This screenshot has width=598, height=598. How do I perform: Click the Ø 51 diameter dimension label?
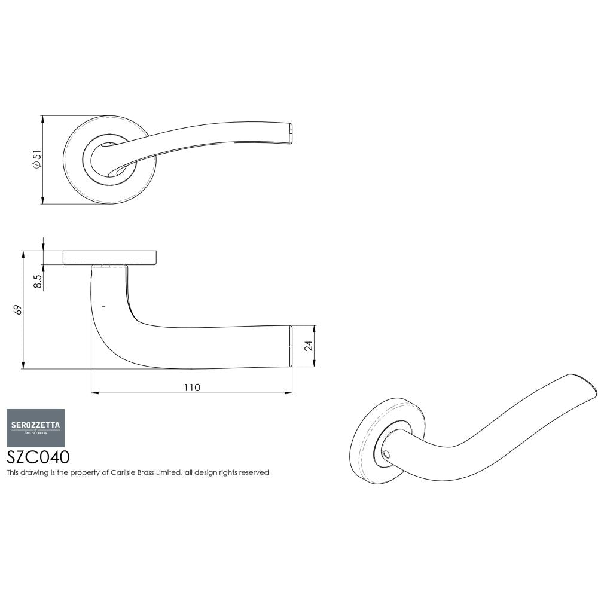[x=36, y=160]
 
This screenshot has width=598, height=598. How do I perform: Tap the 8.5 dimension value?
[x=38, y=282]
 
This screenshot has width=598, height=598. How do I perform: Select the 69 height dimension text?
[x=17, y=310]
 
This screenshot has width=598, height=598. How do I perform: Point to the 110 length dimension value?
[x=191, y=387]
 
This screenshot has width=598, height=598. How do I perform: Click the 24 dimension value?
[x=308, y=346]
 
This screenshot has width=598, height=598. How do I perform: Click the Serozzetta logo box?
[x=35, y=428]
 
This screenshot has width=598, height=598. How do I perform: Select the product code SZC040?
[x=38, y=457]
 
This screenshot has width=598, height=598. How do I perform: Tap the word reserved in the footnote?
[x=254, y=472]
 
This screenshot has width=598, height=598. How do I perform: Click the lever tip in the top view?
[x=291, y=134]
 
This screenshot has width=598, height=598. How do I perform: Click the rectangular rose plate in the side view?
[x=110, y=257]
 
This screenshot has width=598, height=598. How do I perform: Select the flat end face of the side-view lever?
[x=291, y=346]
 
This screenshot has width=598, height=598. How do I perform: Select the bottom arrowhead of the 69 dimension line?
[x=23, y=365]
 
